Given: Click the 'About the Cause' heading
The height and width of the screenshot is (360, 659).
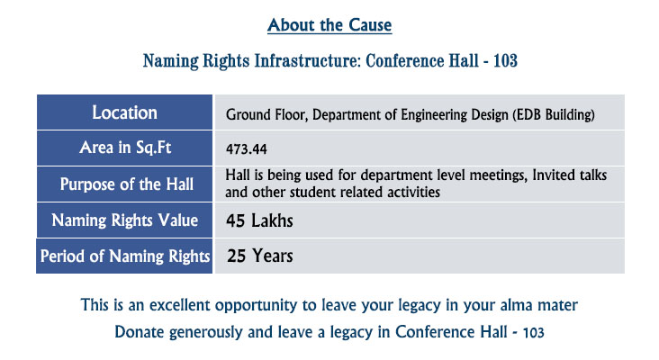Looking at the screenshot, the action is click(x=329, y=25).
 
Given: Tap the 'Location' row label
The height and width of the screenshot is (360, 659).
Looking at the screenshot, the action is click(x=125, y=112).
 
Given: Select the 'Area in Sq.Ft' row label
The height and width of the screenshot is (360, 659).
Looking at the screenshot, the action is click(x=125, y=148).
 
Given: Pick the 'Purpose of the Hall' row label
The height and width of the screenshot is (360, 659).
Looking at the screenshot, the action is click(x=127, y=184).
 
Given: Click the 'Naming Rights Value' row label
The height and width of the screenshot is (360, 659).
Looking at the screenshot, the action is click(x=125, y=220).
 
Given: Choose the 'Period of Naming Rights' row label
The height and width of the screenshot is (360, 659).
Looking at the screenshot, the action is click(x=125, y=256).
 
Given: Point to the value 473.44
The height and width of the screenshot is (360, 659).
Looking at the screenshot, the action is click(x=247, y=149).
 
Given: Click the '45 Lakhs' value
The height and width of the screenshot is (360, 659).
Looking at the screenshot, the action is click(x=259, y=220).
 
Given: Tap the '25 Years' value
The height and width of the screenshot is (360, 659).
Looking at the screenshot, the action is click(x=260, y=256).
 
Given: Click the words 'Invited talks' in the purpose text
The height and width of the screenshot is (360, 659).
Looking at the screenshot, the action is click(x=570, y=175).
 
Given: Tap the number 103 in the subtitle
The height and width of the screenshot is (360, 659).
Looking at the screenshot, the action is click(x=505, y=61).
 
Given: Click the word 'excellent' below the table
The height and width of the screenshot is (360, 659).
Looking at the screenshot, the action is click(x=180, y=305).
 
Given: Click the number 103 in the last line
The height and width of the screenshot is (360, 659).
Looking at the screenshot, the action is click(x=533, y=333).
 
